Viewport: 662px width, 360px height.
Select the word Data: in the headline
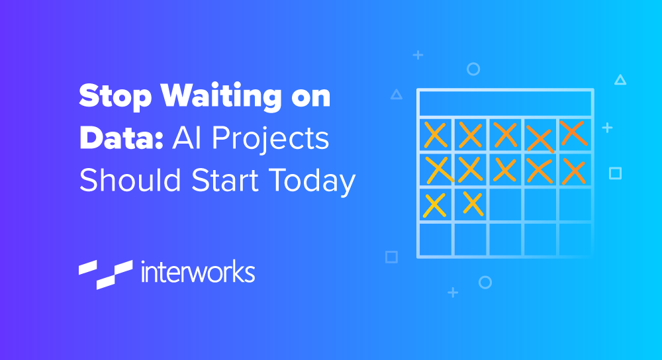tap(121, 138)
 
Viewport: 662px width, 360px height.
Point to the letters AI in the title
tap(187, 138)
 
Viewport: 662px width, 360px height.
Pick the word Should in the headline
tap(130, 180)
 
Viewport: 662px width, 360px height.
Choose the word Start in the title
tap(224, 180)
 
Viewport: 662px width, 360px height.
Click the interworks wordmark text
tap(197, 271)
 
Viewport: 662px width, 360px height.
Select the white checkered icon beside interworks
tap(105, 275)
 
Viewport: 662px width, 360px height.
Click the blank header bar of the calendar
tap(505, 103)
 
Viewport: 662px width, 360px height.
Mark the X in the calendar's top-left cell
tap(436, 134)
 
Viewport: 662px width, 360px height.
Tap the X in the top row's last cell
tap(574, 133)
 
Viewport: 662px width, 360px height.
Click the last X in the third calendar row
tap(473, 203)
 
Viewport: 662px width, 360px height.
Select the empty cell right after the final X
tap(505, 204)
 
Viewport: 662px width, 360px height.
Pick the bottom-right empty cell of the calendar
tap(575, 240)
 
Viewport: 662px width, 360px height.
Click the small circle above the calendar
tap(473, 69)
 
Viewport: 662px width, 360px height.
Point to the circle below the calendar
tap(485, 283)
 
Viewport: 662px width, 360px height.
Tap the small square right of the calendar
tap(615, 173)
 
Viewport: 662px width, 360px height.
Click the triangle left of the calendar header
tap(396, 95)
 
